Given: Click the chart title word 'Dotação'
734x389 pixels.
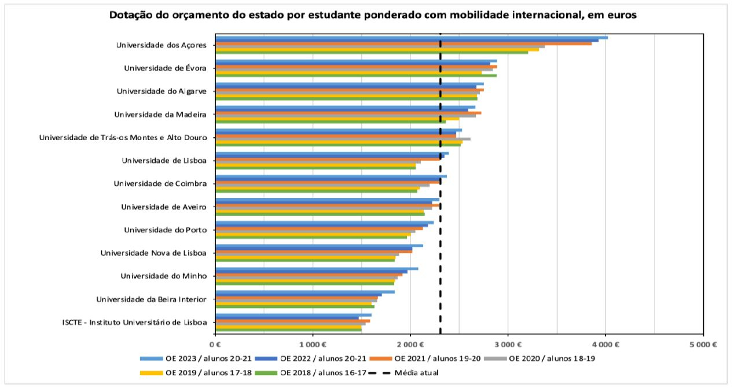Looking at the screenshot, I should point(129,16).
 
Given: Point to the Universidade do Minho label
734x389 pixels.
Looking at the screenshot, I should point(163,276).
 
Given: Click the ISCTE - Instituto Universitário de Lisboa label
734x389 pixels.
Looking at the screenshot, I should point(134,322).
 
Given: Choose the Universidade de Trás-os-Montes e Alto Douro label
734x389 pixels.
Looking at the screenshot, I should point(123,137).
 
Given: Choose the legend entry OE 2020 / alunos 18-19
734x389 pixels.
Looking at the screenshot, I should point(550,358).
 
